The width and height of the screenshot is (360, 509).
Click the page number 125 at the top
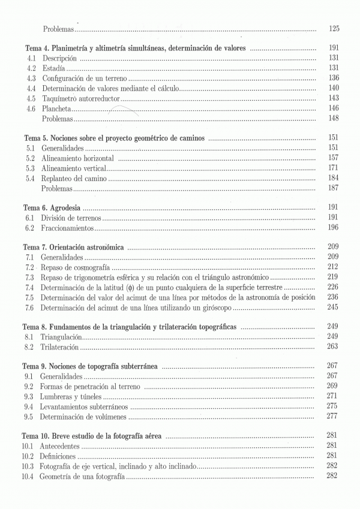tap(334, 29)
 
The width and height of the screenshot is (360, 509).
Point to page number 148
tap(334, 118)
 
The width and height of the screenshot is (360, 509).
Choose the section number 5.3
tap(31, 168)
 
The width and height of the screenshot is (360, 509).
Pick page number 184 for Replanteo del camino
tap(334, 178)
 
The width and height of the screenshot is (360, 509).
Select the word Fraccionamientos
tap(68, 228)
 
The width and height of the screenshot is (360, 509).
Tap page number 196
tap(334, 228)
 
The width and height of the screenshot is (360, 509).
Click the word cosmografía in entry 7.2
tap(88, 267)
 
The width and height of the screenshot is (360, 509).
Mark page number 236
tap(334, 297)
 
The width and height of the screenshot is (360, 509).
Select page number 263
tap(334, 347)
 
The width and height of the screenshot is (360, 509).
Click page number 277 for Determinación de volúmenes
tap(334, 416)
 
